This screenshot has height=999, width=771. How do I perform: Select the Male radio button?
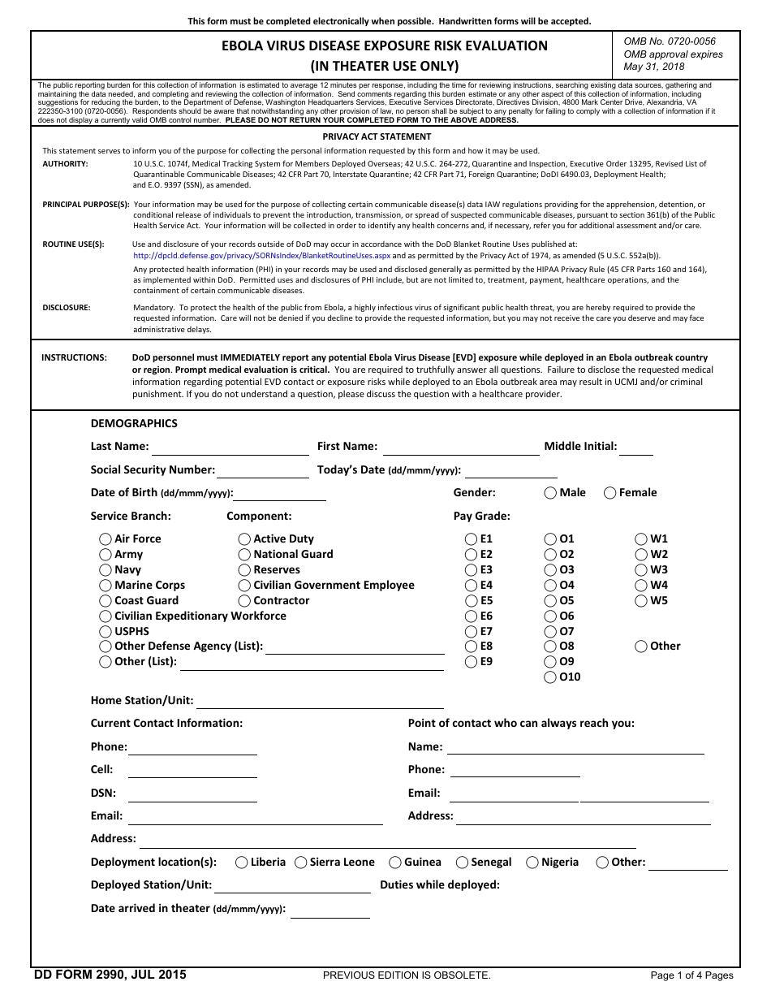coord(551,492)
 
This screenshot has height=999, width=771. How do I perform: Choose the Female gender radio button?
coord(610,492)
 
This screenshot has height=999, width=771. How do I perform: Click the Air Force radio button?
coord(106,539)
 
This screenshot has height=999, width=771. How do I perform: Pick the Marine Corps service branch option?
coord(106,586)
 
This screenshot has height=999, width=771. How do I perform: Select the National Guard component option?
coord(244,555)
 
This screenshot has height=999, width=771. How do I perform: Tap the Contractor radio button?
coord(244,601)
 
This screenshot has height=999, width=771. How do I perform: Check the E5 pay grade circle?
coord(472,601)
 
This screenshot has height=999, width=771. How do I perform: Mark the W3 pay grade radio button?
coord(641,570)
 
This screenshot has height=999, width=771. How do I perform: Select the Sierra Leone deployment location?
coord(301,863)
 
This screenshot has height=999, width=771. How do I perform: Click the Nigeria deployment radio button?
coord(533,863)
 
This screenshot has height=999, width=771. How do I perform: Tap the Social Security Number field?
coord(262,470)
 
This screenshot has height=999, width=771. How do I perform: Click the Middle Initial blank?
coord(636,447)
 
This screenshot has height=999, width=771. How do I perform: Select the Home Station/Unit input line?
coord(320,701)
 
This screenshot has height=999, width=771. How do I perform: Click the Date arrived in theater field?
coord(330,909)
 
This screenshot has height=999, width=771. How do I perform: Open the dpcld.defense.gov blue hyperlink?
coord(261,255)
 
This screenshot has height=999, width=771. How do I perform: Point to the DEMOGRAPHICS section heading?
coord(134,423)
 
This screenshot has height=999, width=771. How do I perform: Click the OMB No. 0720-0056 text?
coord(670,41)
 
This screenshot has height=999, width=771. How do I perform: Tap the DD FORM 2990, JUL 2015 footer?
coord(110,975)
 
